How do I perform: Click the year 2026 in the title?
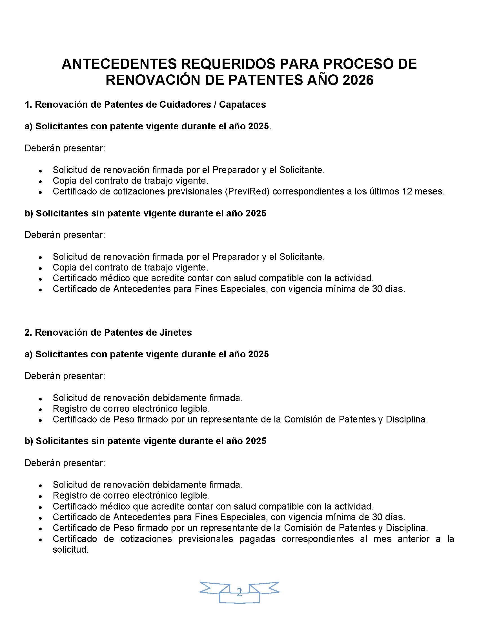(x=358, y=80)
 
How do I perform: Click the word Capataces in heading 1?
(x=242, y=105)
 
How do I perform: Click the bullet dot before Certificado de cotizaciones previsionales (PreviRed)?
(x=41, y=192)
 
